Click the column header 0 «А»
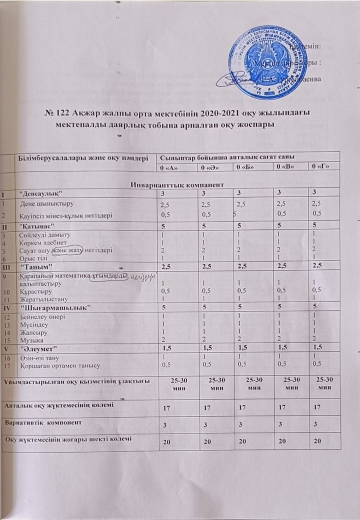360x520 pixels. pos(166,167)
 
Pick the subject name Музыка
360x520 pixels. pos(31,340)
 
